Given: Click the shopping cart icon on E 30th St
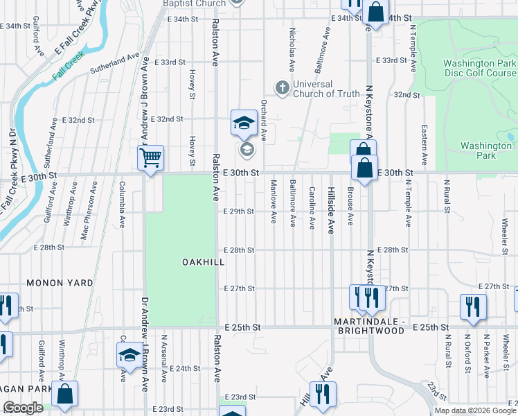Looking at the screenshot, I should [x=150, y=157].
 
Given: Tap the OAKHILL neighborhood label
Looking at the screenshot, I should [x=202, y=262].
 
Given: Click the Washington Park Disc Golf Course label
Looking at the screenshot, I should [x=479, y=68].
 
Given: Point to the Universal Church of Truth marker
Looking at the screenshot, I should [x=282, y=88].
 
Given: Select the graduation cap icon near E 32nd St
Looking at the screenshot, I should [x=244, y=123].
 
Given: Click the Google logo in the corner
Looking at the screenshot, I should [x=23, y=408].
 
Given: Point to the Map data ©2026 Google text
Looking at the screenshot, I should [x=474, y=410].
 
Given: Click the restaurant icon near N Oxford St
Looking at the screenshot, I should [x=473, y=306].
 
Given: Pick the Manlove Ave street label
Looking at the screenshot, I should [x=274, y=201].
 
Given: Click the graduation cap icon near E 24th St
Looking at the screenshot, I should [x=129, y=356].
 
